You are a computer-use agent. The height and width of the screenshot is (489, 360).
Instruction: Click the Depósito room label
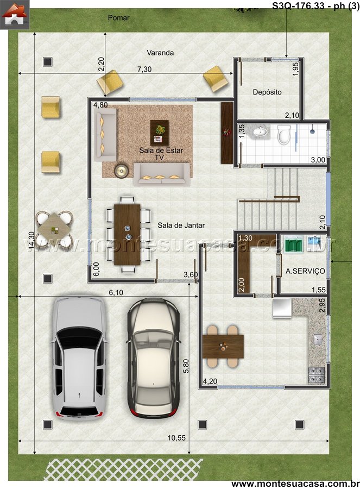pos(267,92)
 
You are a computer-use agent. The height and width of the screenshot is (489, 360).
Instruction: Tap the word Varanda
pos(160,53)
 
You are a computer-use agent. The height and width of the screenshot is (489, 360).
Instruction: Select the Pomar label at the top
pos(118,18)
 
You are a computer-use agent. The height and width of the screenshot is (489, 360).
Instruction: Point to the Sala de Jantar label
pos(181,225)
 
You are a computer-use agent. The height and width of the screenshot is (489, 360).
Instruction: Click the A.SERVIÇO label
pos(305,271)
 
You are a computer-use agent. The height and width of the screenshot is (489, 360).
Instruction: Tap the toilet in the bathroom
pos(284,134)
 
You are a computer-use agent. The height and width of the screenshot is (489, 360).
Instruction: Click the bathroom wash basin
pos(261,132)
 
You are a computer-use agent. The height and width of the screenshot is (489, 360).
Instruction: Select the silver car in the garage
pos(79,359)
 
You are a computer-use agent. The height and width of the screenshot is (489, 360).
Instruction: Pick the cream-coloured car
pos(153,358)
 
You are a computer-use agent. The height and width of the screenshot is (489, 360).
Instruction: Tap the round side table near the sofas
pos(121,170)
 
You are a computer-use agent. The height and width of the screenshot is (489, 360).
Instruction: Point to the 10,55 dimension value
pos(176,437)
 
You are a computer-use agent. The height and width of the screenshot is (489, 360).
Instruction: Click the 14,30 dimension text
pos(31,240)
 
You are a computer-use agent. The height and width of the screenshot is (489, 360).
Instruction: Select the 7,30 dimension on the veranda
pos(144,69)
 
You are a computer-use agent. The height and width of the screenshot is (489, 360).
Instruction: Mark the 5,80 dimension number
pos(186,366)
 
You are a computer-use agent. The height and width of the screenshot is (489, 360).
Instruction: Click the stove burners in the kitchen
pos(317,375)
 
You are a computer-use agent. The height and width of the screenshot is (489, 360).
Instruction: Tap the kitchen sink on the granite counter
pos(318,339)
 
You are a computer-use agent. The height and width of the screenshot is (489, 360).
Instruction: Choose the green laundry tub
pos(294,243)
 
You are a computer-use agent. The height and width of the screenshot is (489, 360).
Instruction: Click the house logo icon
pos(15,15)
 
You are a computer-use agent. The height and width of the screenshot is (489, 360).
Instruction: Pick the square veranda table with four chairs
pos(54,229)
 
